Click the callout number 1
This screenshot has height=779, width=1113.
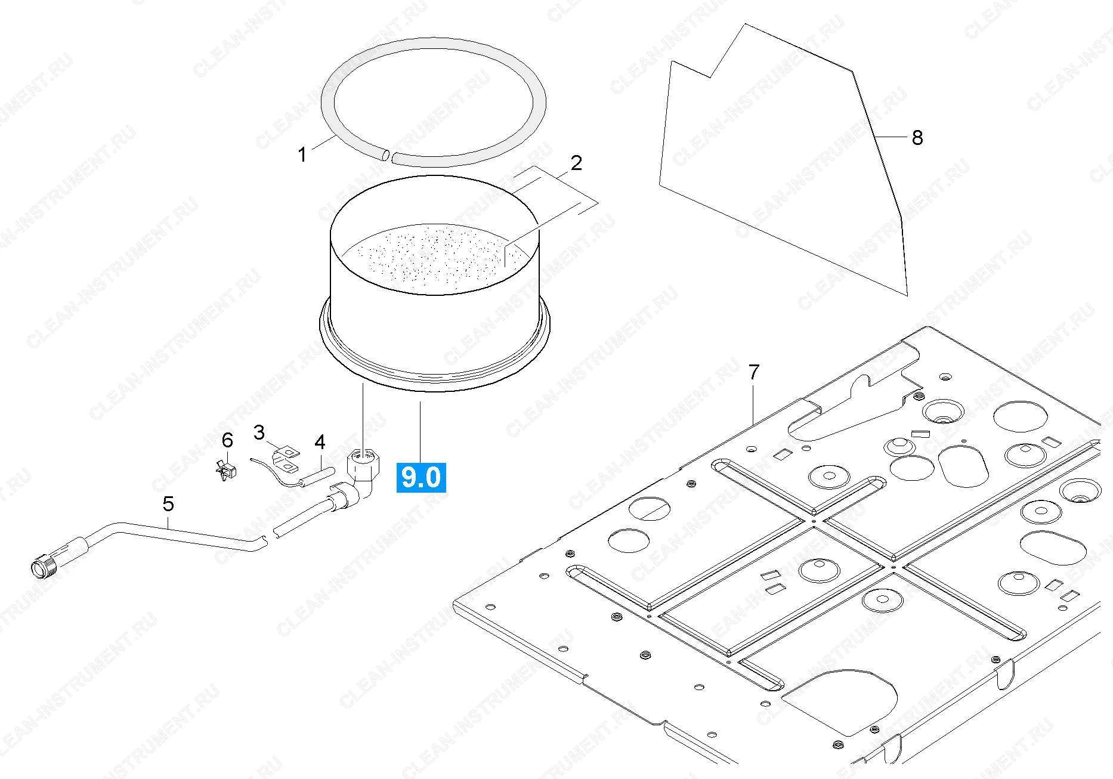coord(302,154)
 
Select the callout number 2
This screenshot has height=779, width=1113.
coord(576,162)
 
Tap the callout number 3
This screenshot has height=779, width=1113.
coord(259,432)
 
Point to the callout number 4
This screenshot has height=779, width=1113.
coord(320,442)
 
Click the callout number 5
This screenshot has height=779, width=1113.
coord(169,504)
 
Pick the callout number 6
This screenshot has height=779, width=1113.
coord(227,440)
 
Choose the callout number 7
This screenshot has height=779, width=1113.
coord(754,372)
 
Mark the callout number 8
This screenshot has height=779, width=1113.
coord(917,138)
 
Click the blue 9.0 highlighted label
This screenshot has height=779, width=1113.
coord(421,477)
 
